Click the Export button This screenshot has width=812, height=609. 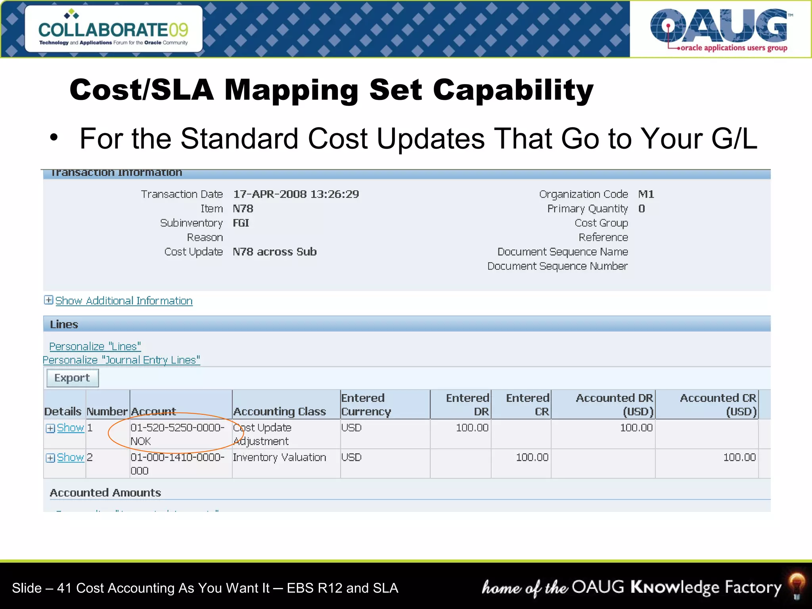click(72, 378)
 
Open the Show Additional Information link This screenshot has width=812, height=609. click(123, 301)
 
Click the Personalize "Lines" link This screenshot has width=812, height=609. click(95, 347)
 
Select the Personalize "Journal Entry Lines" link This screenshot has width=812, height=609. click(121, 360)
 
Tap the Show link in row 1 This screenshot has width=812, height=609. click(70, 428)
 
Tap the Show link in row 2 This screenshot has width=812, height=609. click(70, 458)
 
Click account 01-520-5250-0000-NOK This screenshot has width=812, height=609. click(177, 434)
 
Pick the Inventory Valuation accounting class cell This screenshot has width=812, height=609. click(279, 458)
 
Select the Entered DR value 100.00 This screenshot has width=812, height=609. click(472, 428)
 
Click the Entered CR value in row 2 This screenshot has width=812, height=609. click(532, 458)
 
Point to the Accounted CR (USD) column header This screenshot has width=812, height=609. click(718, 404)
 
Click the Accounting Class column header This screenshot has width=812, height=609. click(280, 412)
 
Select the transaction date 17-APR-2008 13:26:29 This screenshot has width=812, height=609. click(296, 194)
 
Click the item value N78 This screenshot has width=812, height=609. click(243, 209)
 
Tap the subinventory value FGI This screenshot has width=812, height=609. click(241, 223)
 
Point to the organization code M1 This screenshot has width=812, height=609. click(646, 194)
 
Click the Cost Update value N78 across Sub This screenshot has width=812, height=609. click(274, 252)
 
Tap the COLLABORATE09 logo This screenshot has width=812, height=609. click(113, 29)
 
